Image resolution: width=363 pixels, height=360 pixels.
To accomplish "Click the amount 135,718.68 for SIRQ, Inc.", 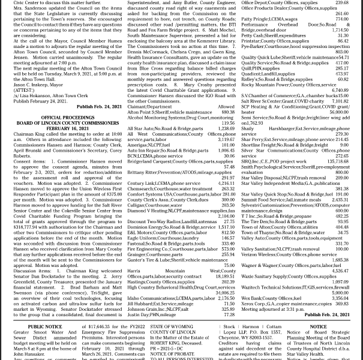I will pos(338,161).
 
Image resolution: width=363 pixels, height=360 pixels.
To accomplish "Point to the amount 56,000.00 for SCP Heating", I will pos(338,112).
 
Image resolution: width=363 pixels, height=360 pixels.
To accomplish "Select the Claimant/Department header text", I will pos(149,107).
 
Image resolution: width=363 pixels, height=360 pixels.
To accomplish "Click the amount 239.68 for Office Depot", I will pos(342,3).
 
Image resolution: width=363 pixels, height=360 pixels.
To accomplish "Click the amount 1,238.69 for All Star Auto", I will pos(226,128).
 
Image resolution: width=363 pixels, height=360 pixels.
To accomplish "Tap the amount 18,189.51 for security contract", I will pos(225,276).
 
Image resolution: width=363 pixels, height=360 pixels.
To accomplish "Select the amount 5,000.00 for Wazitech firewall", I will pos(340,293).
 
